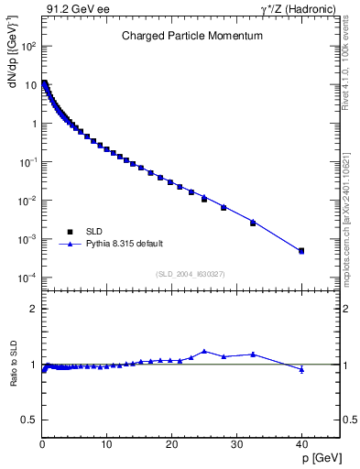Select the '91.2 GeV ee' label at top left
[x=70, y=9]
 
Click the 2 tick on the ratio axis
[x=34, y=309]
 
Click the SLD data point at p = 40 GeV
[x=301, y=250]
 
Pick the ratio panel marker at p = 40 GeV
[x=301, y=369]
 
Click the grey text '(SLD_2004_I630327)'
[x=191, y=274]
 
